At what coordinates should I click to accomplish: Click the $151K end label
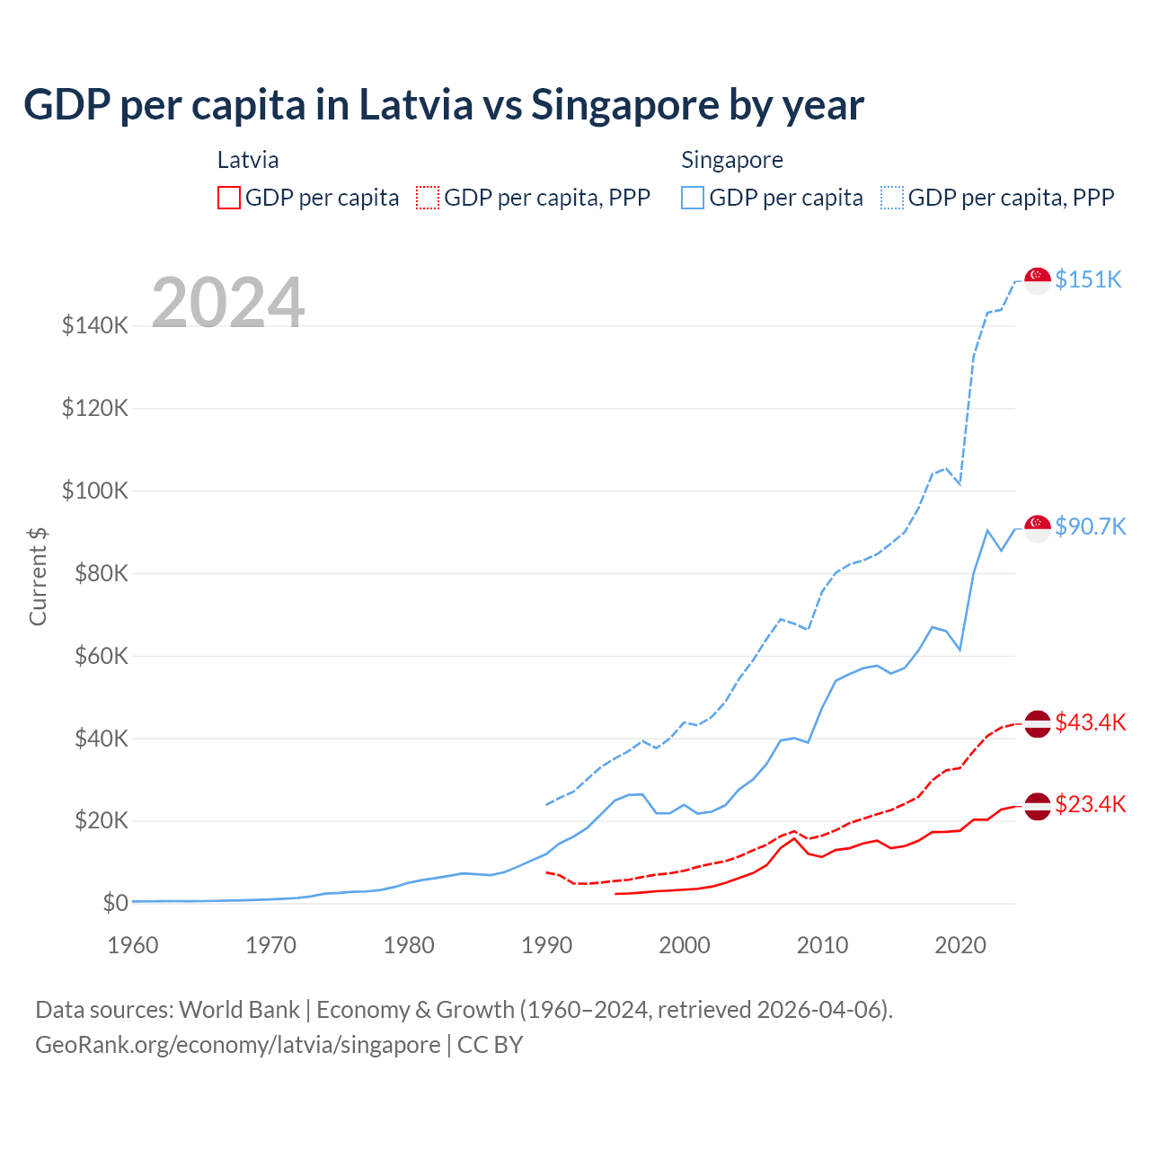click(1088, 279)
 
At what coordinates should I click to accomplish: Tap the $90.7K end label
click(1090, 526)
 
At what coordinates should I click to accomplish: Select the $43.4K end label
click(1090, 722)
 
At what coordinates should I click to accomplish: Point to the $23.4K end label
click(1090, 804)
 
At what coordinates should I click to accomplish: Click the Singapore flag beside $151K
click(1038, 280)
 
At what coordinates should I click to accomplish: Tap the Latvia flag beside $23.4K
click(1038, 806)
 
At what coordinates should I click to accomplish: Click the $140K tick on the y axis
click(95, 325)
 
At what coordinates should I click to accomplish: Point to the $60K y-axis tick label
click(95, 656)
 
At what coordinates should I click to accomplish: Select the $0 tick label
click(115, 903)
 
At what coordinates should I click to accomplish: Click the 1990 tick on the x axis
click(546, 945)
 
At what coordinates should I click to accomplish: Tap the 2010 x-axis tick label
click(822, 945)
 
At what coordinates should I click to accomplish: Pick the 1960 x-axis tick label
click(133, 945)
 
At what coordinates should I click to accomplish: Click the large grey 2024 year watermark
click(228, 303)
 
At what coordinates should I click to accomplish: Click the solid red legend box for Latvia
click(229, 198)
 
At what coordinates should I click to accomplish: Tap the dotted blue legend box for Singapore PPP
click(892, 198)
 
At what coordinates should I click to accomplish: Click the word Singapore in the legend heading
click(732, 160)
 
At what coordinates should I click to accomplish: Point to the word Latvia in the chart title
click(416, 104)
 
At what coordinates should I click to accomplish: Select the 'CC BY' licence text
click(491, 1045)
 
